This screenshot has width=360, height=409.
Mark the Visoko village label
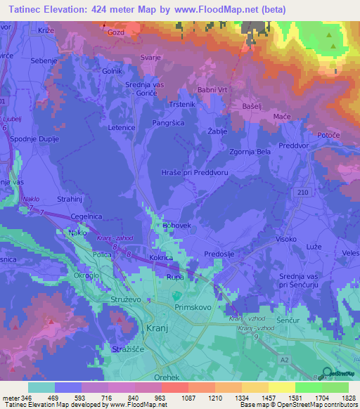pos(285,239)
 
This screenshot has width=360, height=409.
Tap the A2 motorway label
pos(305,358)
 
